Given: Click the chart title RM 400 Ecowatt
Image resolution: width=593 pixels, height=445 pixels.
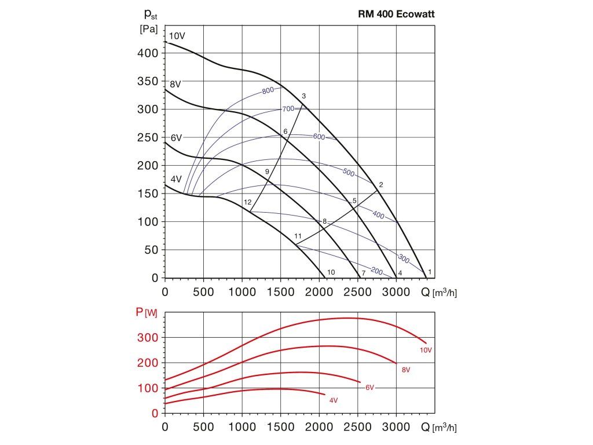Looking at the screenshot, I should (396, 16).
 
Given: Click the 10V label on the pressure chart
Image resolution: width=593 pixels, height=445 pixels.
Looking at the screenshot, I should (177, 36).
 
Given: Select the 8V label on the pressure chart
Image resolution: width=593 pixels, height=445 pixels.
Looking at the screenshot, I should (175, 84).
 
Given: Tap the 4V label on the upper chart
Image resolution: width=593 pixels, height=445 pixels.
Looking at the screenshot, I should (177, 179).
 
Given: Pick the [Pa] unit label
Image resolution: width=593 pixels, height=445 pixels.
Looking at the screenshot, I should (149, 30).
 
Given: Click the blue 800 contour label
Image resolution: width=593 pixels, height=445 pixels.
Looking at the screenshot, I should (268, 91).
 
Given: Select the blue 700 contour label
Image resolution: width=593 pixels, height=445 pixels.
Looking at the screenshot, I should (288, 109).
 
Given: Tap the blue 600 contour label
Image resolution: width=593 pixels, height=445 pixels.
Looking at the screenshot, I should (319, 137).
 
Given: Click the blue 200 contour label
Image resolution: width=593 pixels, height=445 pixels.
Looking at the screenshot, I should (375, 271).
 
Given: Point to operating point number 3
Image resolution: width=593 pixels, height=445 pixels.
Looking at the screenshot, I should (303, 96).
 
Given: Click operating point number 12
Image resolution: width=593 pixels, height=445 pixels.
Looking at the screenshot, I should (248, 202).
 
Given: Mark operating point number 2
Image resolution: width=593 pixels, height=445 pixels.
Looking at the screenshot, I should (380, 185).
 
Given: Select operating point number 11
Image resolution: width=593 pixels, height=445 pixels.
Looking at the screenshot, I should (298, 236).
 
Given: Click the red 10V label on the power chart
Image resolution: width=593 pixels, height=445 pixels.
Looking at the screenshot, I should (425, 350).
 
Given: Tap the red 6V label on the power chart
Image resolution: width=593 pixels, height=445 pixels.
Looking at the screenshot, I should (369, 387).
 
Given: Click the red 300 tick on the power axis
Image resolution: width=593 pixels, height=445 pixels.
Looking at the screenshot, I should (150, 337).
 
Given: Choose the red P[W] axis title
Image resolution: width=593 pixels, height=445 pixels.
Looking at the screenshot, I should (147, 313).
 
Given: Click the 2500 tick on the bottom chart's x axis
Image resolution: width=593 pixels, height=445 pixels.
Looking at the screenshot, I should (357, 428).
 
